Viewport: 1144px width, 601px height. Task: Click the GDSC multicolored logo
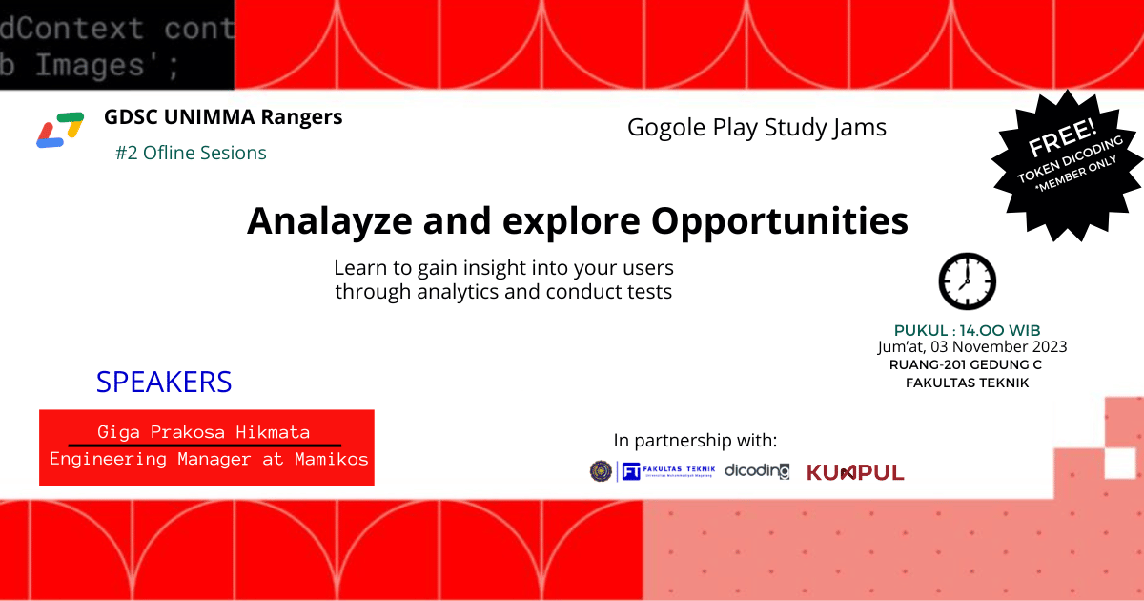tap(60, 131)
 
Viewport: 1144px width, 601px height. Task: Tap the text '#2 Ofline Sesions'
tap(191, 153)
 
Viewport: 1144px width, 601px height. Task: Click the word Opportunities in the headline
tap(779, 221)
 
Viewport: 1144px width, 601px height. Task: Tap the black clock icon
tap(967, 281)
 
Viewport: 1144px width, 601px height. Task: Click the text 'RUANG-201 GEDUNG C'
tap(965, 364)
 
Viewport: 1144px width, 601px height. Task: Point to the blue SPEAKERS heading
tap(164, 383)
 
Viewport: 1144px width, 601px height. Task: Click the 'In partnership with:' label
tap(696, 441)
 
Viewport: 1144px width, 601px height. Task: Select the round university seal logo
tap(601, 470)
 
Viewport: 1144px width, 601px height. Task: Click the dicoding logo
tap(757, 470)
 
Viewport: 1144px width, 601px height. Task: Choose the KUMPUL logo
tap(855, 472)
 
